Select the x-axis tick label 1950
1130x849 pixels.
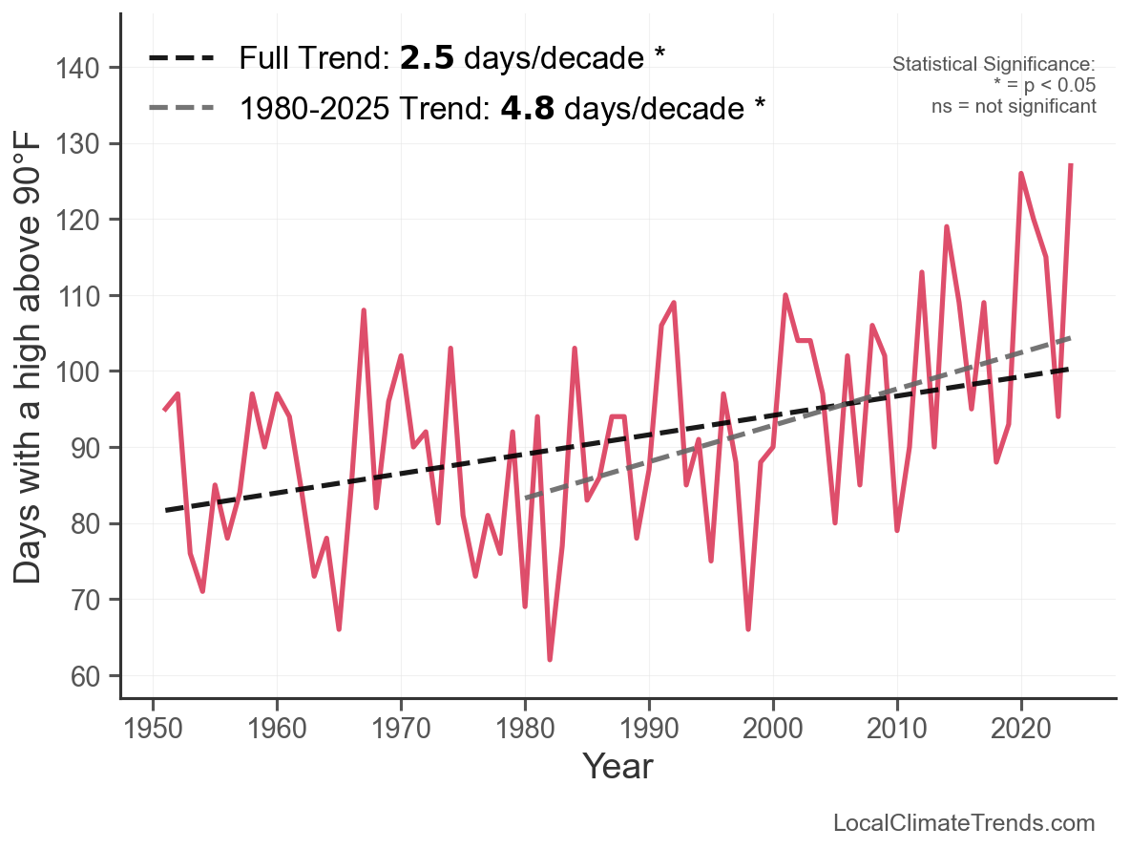click(x=152, y=731)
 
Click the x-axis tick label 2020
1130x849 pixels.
click(x=1021, y=731)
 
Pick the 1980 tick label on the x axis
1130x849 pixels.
click(x=525, y=731)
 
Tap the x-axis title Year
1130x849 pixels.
click(x=617, y=767)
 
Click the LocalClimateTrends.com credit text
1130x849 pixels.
click(x=963, y=823)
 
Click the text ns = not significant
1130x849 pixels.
click(x=1013, y=106)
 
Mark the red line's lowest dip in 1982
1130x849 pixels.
click(x=550, y=660)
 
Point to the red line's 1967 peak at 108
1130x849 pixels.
click(x=364, y=310)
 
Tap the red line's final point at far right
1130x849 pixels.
click(x=1071, y=165)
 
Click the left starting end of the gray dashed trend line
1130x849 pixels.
click(x=526, y=498)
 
